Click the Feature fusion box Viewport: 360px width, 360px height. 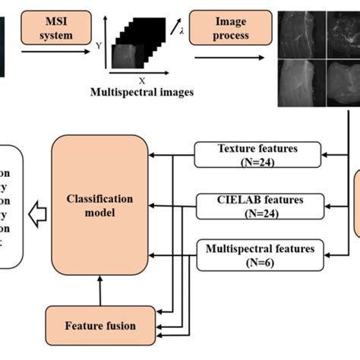click(100, 326)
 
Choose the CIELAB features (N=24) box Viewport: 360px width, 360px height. click(258, 206)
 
